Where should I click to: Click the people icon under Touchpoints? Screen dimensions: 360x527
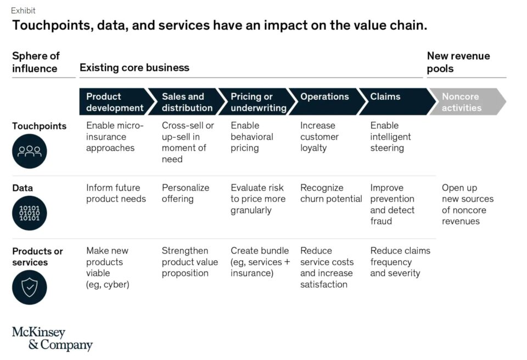pyautogui.click(x=29, y=151)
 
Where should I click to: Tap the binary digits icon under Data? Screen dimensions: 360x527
pyautogui.click(x=29, y=213)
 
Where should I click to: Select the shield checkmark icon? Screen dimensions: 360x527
pyautogui.click(x=29, y=287)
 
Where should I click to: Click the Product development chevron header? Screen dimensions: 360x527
pyautogui.click(x=114, y=102)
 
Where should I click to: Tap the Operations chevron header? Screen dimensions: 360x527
pyautogui.click(x=324, y=102)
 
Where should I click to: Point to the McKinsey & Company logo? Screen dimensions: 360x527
pyautogui.click(x=53, y=339)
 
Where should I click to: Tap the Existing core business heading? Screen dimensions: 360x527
pyautogui.click(x=134, y=68)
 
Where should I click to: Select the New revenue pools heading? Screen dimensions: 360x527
pyautogui.click(x=458, y=62)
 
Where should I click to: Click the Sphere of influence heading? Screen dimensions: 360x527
pyautogui.click(x=36, y=62)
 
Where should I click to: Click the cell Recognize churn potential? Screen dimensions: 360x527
pyautogui.click(x=331, y=193)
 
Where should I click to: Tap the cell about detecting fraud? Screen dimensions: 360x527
pyautogui.click(x=392, y=204)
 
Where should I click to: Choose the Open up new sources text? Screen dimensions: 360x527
pyautogui.click(x=467, y=204)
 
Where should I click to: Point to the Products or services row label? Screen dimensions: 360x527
pyautogui.click(x=37, y=256)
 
